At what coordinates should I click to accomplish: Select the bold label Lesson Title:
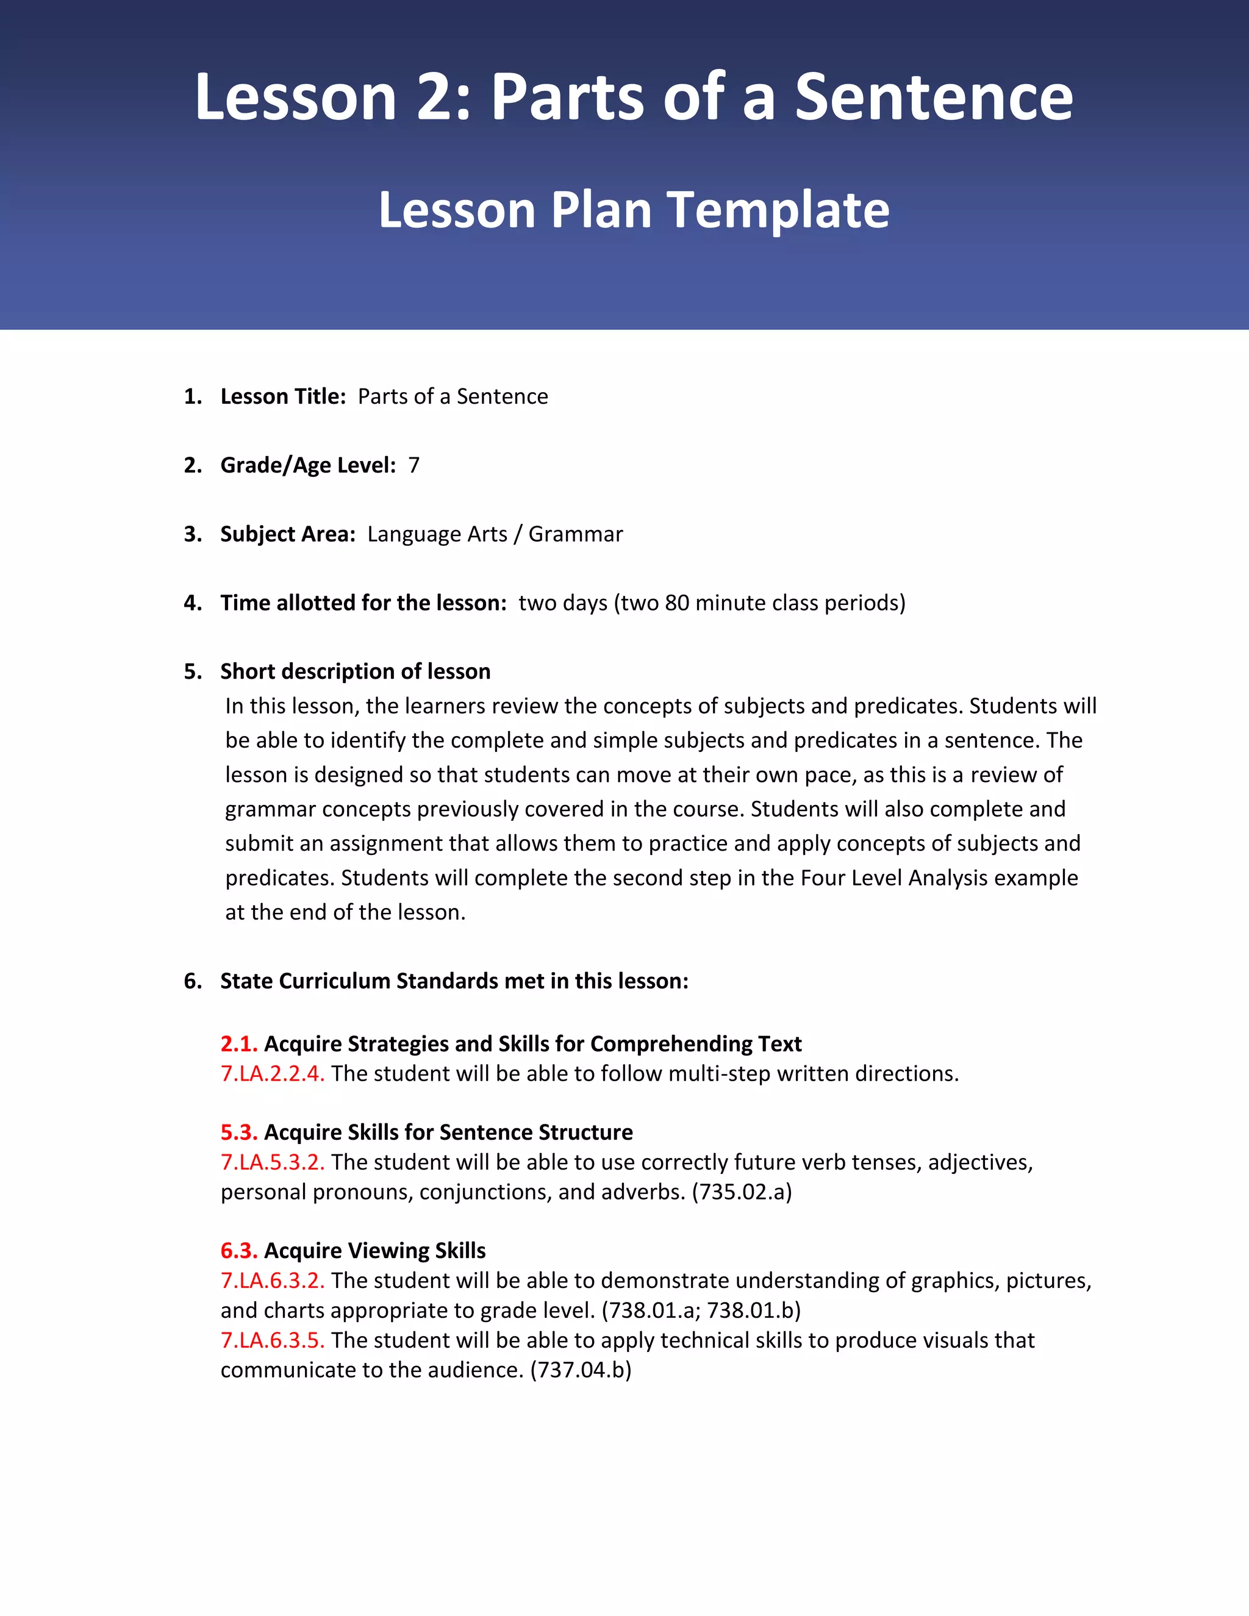(282, 396)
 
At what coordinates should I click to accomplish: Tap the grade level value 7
(413, 465)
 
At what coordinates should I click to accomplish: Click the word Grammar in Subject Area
(575, 534)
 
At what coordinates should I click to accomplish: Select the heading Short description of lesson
(355, 671)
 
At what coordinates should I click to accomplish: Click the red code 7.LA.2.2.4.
(272, 1074)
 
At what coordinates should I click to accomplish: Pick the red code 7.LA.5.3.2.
(272, 1162)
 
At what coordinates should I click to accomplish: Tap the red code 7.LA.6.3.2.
(272, 1281)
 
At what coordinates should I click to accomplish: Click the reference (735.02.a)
(742, 1192)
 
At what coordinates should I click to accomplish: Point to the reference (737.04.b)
(581, 1370)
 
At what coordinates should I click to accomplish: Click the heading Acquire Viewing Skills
(374, 1251)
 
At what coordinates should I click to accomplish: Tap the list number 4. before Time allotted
(192, 603)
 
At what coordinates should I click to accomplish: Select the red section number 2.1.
(238, 1043)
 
